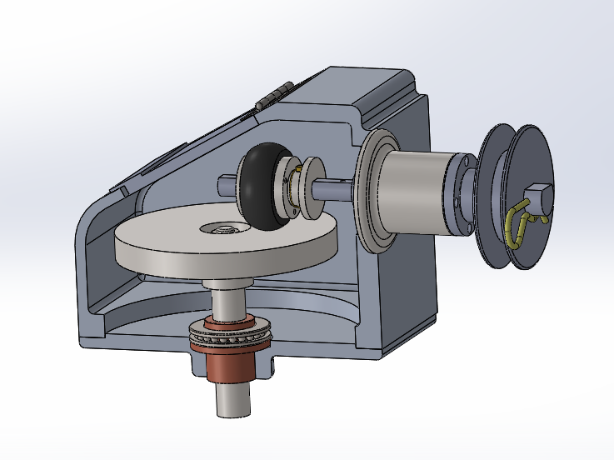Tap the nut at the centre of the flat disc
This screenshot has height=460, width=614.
pyautogui.click(x=223, y=227)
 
